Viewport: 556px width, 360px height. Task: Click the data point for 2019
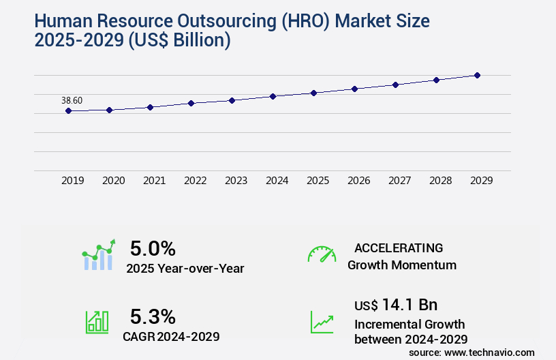tap(68, 110)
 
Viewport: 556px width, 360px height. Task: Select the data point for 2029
tap(478, 75)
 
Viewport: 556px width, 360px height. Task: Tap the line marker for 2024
tap(273, 96)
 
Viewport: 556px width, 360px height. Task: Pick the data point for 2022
tap(191, 103)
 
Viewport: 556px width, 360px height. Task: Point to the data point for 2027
tap(395, 85)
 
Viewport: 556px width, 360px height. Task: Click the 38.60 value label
tap(72, 100)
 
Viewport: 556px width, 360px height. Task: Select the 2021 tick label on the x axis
tap(154, 181)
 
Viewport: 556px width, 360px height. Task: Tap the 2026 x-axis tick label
tap(358, 181)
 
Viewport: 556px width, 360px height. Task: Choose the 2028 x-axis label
tap(440, 181)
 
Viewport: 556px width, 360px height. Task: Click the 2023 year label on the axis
tap(236, 181)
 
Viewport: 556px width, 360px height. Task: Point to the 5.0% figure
tap(153, 248)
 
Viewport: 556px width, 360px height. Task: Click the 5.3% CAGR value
tap(153, 316)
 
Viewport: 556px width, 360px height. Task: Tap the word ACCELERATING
tap(399, 247)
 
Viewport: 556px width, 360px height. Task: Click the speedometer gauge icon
tap(322, 255)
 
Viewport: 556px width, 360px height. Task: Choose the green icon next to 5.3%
tap(97, 322)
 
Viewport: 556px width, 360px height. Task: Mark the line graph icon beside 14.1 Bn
tap(322, 322)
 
